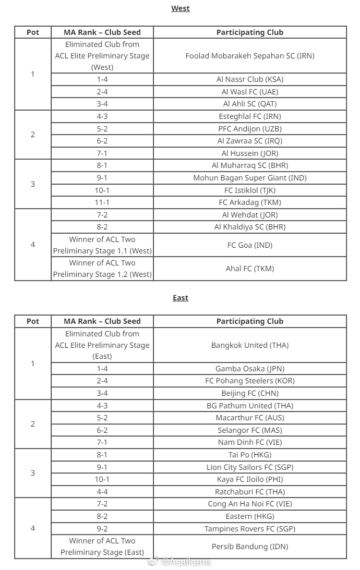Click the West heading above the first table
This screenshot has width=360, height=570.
(x=181, y=8)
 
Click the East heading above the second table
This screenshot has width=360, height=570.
(x=181, y=298)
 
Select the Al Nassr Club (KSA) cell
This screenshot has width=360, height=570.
(x=250, y=79)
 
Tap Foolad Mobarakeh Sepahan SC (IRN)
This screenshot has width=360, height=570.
(x=250, y=56)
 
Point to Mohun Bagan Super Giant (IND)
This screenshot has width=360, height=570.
(x=250, y=178)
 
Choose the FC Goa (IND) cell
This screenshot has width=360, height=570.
(x=250, y=245)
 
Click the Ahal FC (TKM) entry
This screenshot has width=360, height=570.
(x=250, y=269)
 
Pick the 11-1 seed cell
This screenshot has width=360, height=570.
(x=102, y=202)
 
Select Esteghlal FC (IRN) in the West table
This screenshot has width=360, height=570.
(x=250, y=116)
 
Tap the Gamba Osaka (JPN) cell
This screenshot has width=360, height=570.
(x=250, y=369)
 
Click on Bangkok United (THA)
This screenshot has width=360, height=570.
(x=250, y=345)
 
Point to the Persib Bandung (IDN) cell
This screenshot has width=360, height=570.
(x=250, y=547)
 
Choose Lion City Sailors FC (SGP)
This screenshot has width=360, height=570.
(x=250, y=467)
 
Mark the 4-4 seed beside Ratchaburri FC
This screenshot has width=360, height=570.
(x=102, y=492)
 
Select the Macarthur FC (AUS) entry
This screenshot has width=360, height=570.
(x=250, y=418)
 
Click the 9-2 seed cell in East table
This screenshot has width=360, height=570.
(x=102, y=529)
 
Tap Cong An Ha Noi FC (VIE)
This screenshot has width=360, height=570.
(x=250, y=504)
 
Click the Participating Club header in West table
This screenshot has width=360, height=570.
(x=250, y=32)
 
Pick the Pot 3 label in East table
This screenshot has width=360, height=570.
(x=33, y=473)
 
